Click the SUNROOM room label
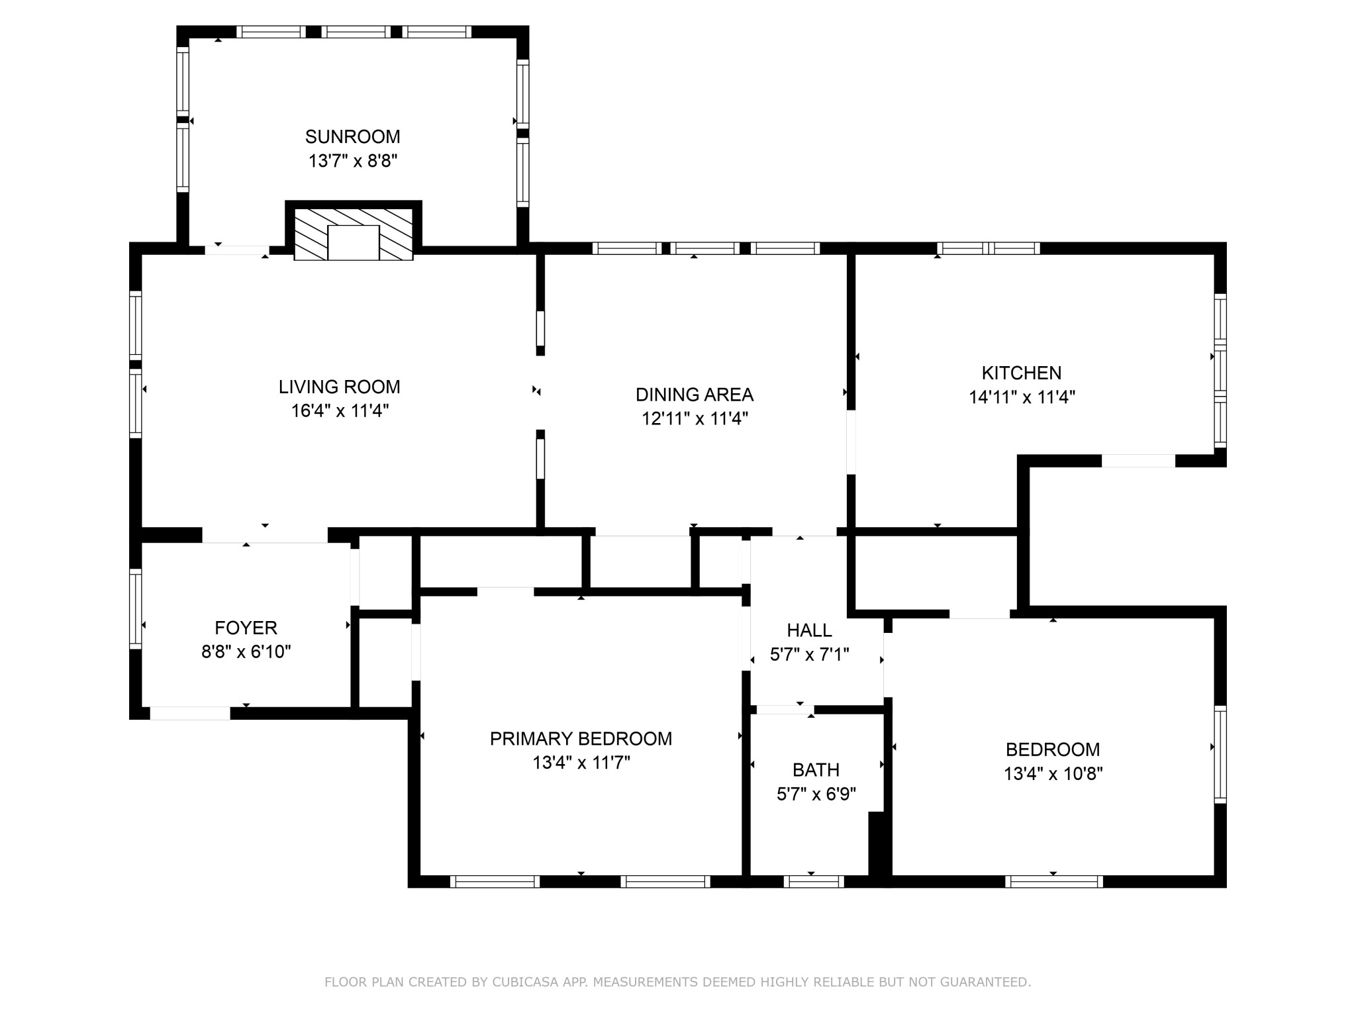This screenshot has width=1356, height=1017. click(x=352, y=137)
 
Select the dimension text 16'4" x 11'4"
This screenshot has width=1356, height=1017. click(x=340, y=411)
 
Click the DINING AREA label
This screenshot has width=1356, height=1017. click(x=694, y=395)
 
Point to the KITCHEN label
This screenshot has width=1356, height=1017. click(x=1021, y=373)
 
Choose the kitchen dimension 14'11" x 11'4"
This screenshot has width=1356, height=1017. click(x=1022, y=397)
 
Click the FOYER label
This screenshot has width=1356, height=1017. click(x=246, y=628)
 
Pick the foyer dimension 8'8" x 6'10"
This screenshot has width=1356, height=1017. click(x=246, y=652)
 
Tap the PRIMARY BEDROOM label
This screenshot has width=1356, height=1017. click(x=581, y=739)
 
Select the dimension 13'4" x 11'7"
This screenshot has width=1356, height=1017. click(x=581, y=763)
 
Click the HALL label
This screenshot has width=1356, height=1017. click(x=809, y=630)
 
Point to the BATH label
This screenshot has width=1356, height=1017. click(x=816, y=770)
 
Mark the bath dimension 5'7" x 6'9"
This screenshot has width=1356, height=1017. click(x=816, y=794)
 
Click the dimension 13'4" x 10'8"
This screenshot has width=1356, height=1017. click(x=1053, y=774)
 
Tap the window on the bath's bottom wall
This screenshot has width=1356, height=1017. click(x=813, y=881)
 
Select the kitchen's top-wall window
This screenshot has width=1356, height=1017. click(x=988, y=248)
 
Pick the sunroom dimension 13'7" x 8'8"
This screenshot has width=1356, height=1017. click(x=352, y=161)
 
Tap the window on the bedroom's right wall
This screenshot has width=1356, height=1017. click(x=1220, y=755)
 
